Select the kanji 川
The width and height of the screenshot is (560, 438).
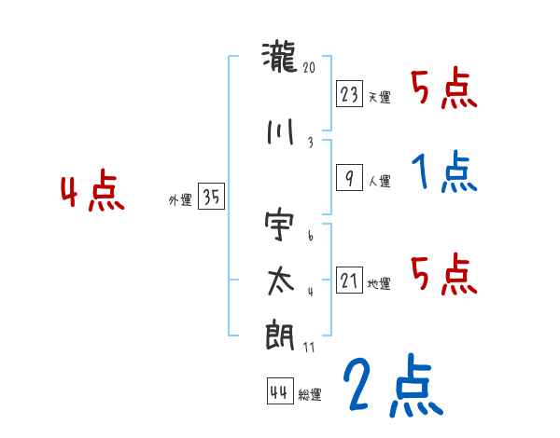(280, 132)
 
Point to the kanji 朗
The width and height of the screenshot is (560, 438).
(280, 335)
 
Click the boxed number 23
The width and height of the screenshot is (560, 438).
(350, 94)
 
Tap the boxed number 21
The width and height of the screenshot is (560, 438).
(350, 281)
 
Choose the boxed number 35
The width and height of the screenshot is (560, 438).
(210, 197)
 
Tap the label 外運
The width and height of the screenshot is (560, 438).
(180, 200)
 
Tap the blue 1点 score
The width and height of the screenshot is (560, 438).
(444, 172)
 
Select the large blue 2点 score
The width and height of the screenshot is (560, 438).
(391, 387)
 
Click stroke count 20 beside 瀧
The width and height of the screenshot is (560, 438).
(310, 68)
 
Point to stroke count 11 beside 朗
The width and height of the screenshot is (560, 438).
(309, 347)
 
